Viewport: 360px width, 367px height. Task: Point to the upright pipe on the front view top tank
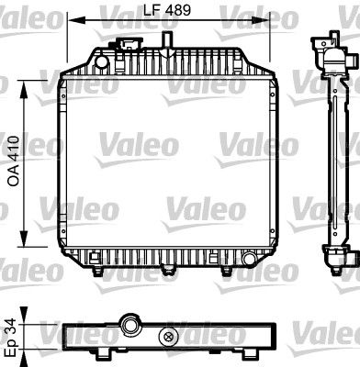pyautogui.click(x=169, y=39)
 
